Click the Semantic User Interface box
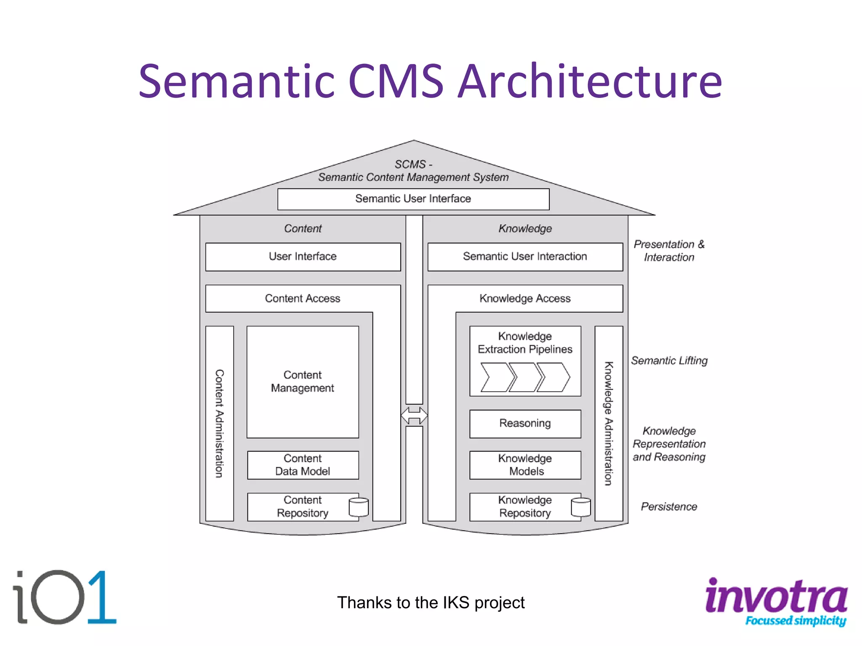pos(413,199)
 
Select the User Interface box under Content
pos(303,257)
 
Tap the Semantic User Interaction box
pos(525,257)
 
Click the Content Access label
pos(303,299)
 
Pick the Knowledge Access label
pos(525,299)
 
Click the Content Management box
pos(303,381)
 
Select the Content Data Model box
pos(303,465)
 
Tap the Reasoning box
pos(525,424)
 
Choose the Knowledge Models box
pos(525,465)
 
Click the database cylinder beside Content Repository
pos(359,507)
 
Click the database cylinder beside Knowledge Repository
pos(581,507)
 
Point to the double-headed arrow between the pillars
pos(414,416)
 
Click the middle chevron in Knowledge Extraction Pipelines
pos(525,378)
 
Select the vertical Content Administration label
pos(219,424)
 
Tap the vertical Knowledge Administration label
pos(609,424)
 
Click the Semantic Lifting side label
pos(669,361)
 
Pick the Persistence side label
pos(669,507)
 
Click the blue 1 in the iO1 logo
pos(101,597)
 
